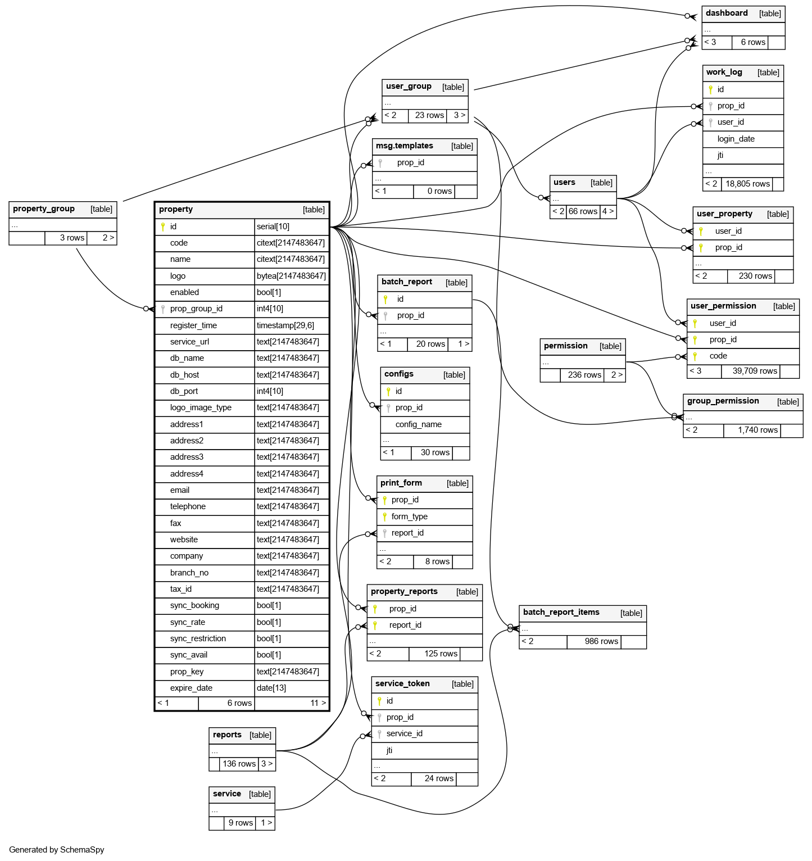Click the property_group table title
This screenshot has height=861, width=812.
44,209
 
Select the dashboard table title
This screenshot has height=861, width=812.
727,13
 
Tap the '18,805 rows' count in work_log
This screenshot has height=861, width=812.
747,184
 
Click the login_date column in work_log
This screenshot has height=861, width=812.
736,139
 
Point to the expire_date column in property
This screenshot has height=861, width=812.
191,688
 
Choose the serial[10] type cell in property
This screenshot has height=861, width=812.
273,226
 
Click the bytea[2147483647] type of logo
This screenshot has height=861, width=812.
291,276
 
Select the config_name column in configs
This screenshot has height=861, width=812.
418,424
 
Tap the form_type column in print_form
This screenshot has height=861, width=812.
409,516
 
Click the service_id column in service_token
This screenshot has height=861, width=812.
404,733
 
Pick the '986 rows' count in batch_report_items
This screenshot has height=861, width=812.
601,641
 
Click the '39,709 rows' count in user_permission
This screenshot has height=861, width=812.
755,371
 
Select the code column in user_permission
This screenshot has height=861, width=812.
718,356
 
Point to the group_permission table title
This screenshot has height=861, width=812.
723,401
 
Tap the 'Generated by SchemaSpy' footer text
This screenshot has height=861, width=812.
57,850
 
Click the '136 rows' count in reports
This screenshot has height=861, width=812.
239,764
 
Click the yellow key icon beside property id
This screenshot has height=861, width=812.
163,226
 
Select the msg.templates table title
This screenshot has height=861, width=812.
404,146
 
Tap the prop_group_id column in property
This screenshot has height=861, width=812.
196,309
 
